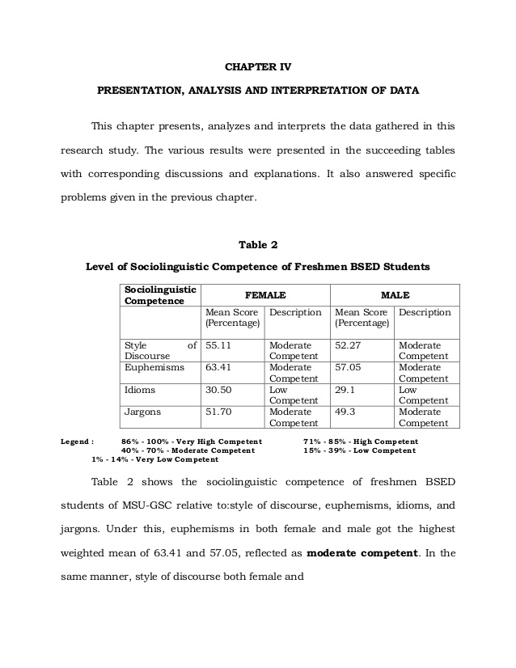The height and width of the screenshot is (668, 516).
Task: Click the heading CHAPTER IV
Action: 258,55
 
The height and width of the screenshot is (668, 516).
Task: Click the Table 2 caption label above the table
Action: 258,244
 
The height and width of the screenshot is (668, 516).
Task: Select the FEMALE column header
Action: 265,296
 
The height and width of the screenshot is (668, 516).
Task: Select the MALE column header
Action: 395,296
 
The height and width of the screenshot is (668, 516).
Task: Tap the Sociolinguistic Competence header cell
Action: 159,295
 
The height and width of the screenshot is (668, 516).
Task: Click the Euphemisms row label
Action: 154,367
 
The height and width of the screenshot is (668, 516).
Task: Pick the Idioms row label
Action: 140,390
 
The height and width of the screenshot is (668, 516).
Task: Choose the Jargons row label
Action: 142,412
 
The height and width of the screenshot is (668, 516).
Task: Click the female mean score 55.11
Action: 219,345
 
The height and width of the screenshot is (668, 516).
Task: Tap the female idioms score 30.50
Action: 219,390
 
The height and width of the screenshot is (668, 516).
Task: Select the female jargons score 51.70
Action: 219,412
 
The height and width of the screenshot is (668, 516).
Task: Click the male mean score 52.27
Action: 349,345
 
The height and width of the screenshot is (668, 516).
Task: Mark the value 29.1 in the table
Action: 344,390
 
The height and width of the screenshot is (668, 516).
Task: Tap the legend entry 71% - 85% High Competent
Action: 359,442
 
